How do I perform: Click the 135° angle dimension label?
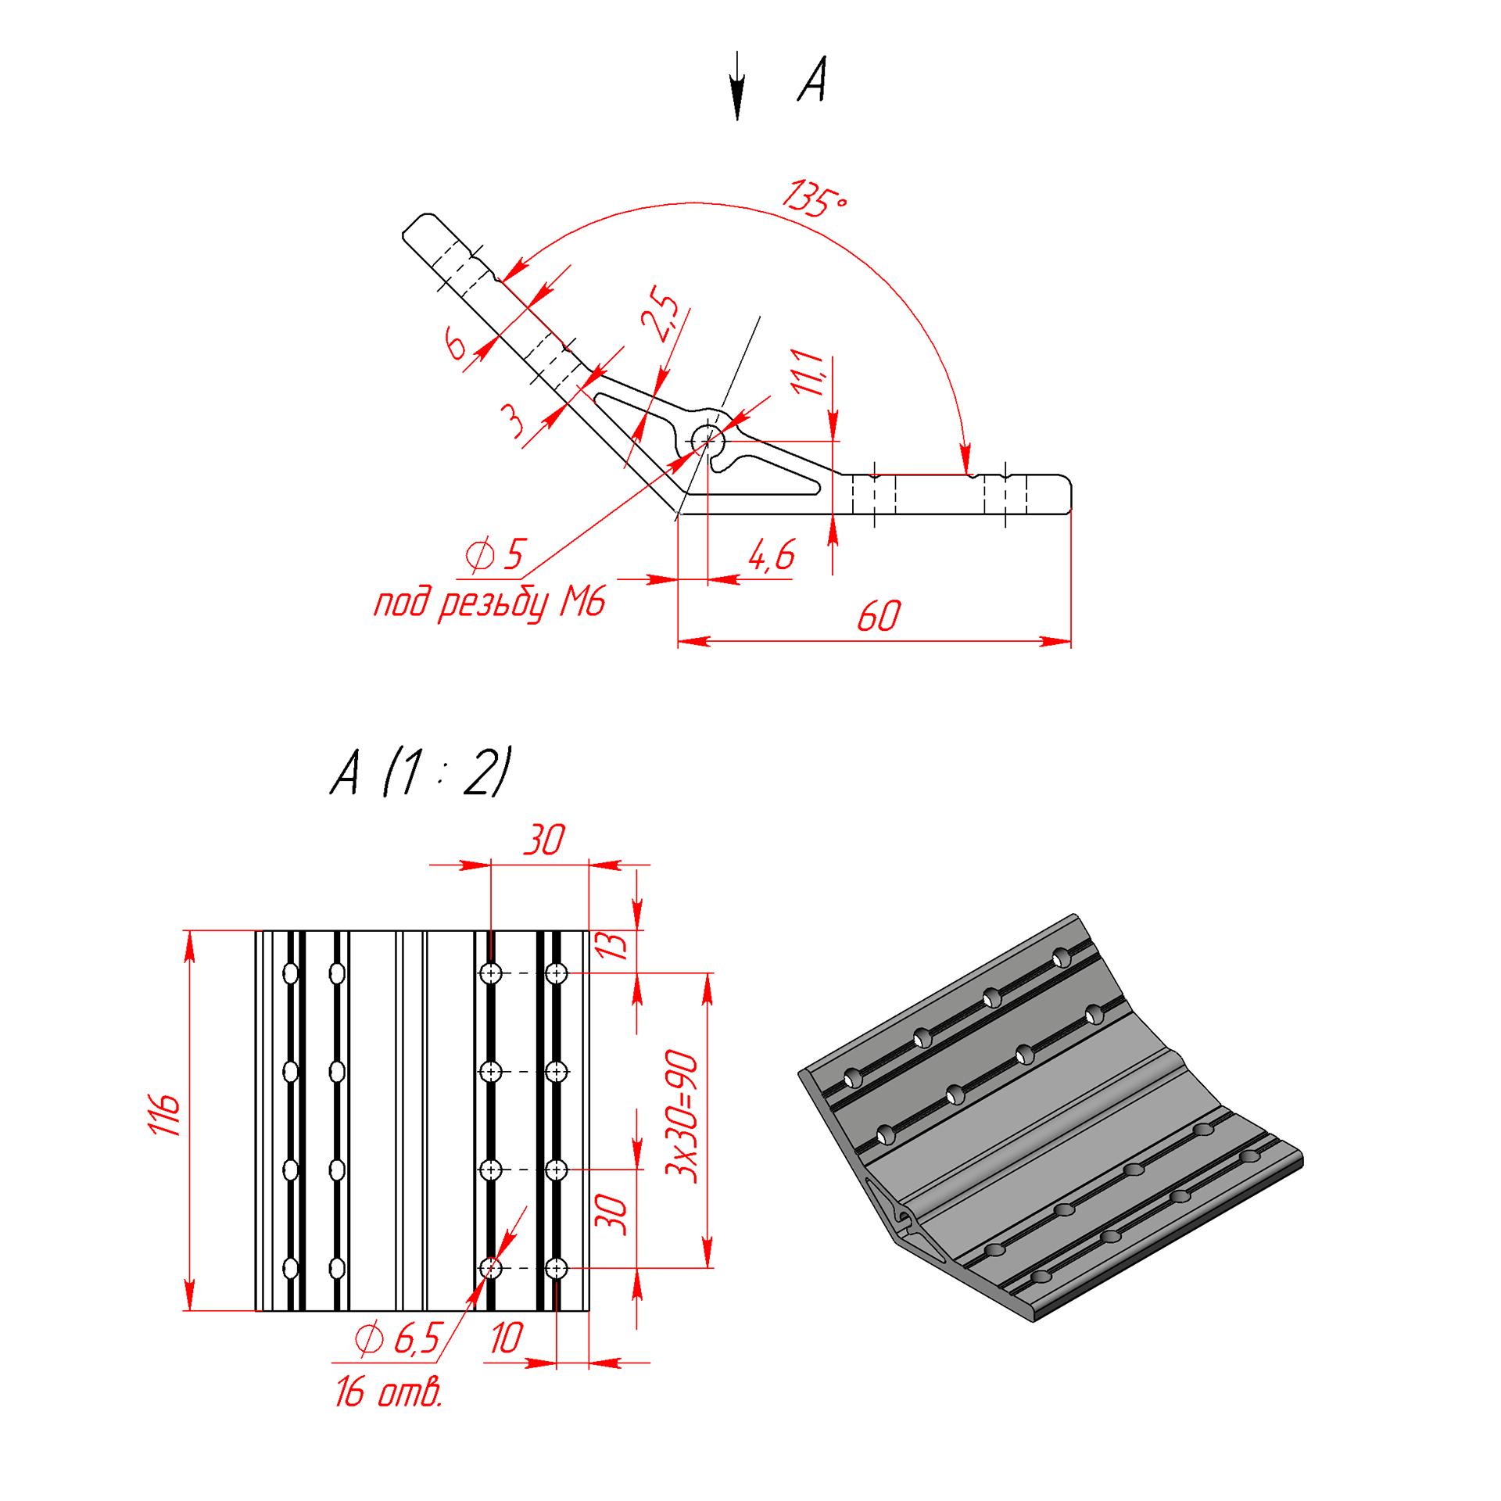pos(815,199)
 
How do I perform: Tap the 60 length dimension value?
pos(879,617)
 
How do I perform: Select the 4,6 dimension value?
pos(771,555)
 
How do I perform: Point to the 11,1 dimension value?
pos(808,373)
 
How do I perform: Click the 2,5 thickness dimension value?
pos(660,314)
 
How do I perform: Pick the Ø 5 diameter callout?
pos(495,554)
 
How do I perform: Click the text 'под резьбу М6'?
pos(490,603)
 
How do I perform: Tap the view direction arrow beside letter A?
pos(737,86)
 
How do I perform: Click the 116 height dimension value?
pos(164,1115)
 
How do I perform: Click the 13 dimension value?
pos(612,946)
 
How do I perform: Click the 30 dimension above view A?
pos(544,840)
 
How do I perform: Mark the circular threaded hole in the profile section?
pos(708,442)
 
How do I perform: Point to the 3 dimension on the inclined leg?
pos(512,420)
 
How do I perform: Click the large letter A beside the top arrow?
pos(812,79)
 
